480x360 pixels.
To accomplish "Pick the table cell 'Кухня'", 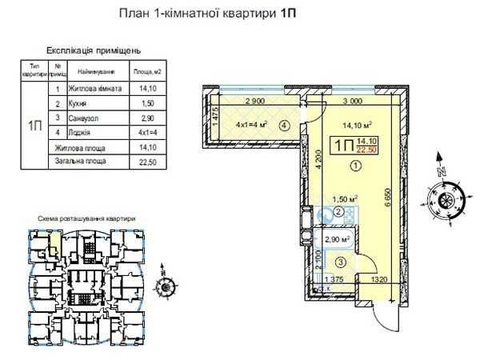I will tap(81, 104).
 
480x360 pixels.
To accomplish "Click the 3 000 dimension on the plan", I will tap(352, 102).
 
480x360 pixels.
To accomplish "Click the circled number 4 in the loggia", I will tap(284, 125).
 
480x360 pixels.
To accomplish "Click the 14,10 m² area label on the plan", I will tap(356, 124).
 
